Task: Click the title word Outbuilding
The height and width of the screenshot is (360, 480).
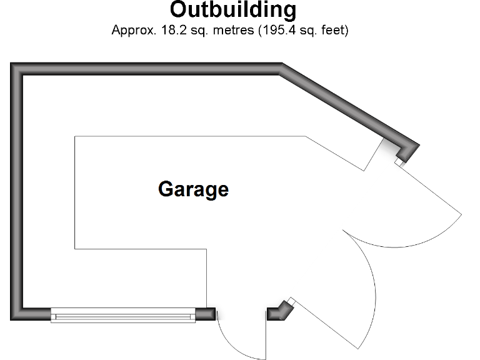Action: pyautogui.click(x=233, y=11)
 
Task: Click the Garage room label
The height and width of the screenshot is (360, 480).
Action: pyautogui.click(x=194, y=189)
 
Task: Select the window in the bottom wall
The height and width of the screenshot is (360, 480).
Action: pyautogui.click(x=123, y=315)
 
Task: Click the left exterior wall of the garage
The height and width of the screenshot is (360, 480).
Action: pyautogui.click(x=17, y=187)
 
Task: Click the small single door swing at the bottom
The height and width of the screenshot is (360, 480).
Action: pyautogui.click(x=241, y=337)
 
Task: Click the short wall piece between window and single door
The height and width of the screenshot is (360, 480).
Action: pyautogui.click(x=206, y=314)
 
